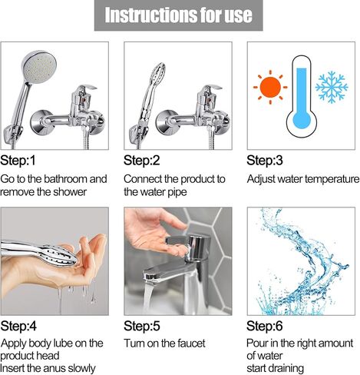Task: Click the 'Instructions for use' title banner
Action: [178, 15]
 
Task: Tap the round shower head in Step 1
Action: [39, 66]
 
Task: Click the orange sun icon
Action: [270, 87]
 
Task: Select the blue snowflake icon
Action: [332, 87]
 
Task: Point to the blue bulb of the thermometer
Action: [302, 119]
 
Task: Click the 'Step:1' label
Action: [18, 161]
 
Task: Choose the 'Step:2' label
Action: [141, 161]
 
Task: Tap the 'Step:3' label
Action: [265, 161]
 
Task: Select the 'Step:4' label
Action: [18, 326]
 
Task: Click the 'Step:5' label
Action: [142, 326]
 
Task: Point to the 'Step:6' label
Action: [265, 326]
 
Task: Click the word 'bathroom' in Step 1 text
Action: [64, 179]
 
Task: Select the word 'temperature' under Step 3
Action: [332, 179]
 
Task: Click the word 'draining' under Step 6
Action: [288, 369]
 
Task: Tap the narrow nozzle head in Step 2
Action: [157, 73]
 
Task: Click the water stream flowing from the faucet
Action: [148, 297]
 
